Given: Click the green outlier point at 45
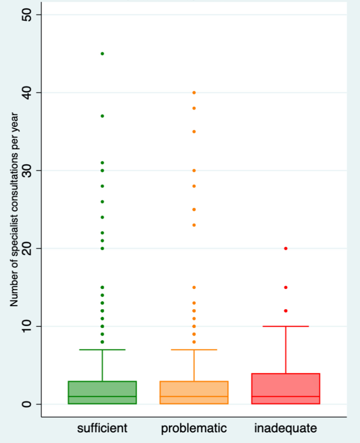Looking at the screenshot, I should click(x=102, y=54).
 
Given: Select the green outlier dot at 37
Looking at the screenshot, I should click(x=102, y=116).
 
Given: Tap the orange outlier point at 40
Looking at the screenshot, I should click(x=194, y=93).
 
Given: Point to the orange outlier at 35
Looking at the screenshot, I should click(x=194, y=131).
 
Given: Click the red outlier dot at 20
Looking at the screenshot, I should click(x=285, y=248).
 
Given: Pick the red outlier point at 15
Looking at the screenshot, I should click(x=285, y=287).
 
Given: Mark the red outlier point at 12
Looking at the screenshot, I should click(x=285, y=311).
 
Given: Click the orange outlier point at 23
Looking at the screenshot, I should click(x=194, y=225).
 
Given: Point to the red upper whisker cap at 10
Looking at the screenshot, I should click(x=285, y=326).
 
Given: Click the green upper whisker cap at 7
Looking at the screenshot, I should click(x=102, y=350).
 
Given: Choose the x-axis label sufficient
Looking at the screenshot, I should click(x=102, y=428).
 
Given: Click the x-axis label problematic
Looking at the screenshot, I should click(x=194, y=428).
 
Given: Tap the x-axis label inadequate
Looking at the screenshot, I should click(x=285, y=428).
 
